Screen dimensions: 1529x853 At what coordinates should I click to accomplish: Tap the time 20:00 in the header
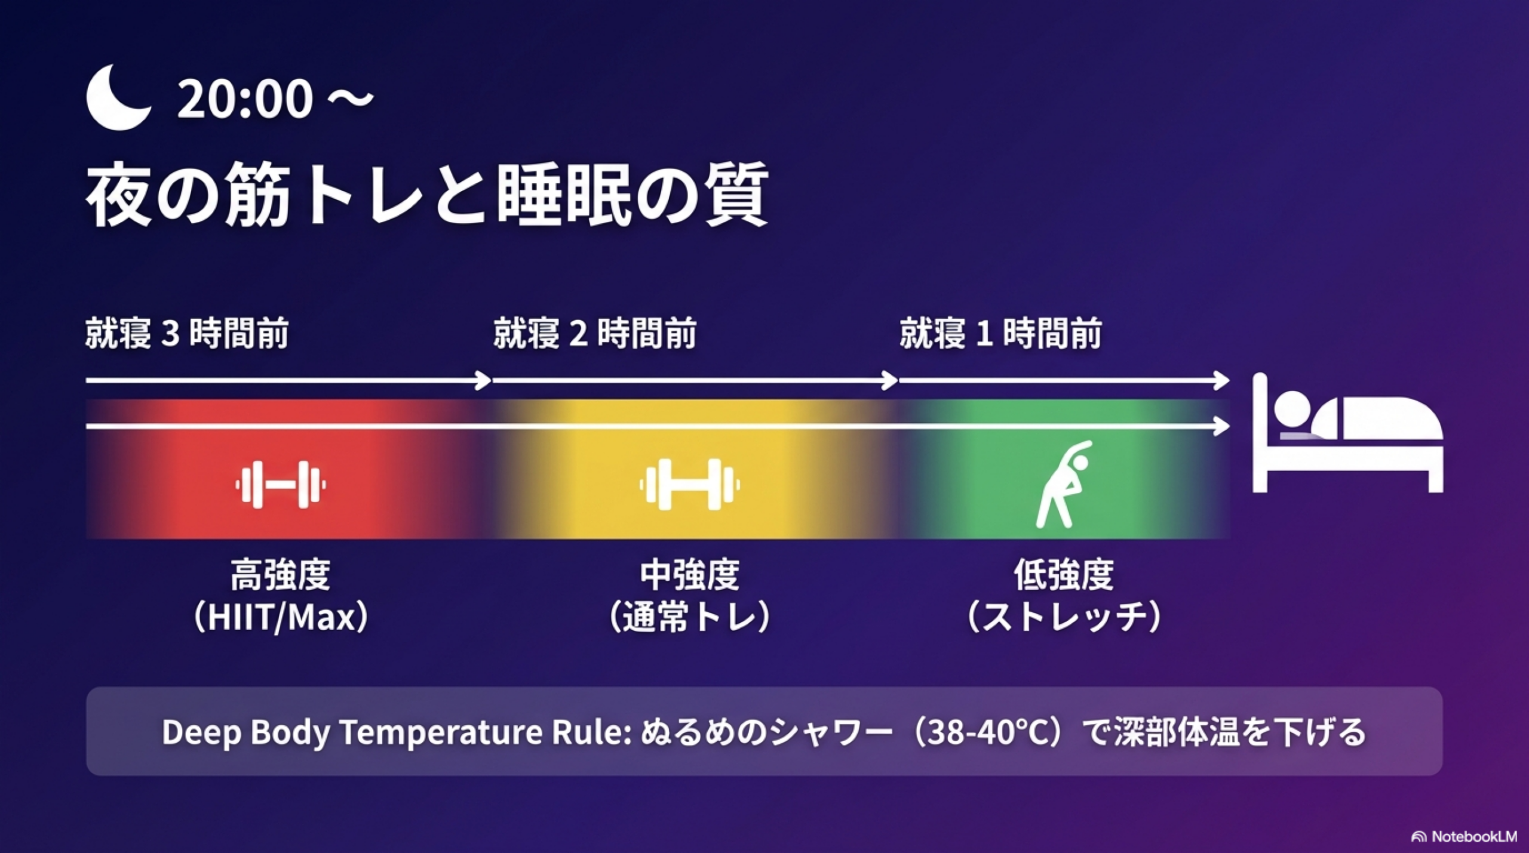[x=245, y=98]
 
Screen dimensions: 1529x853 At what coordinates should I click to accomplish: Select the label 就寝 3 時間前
[x=187, y=333]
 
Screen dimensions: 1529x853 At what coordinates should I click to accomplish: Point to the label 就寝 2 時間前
[x=595, y=333]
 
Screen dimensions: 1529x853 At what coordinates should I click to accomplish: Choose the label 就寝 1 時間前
[x=1001, y=333]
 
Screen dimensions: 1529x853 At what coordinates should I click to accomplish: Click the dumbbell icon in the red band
[x=281, y=485]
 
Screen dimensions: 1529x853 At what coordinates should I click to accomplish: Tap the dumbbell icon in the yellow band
[x=690, y=485]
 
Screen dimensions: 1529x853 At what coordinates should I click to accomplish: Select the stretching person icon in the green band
[x=1064, y=484]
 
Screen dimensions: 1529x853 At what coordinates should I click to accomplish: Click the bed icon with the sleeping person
[x=1347, y=433]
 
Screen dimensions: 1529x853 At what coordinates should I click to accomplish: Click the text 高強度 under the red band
[x=281, y=574]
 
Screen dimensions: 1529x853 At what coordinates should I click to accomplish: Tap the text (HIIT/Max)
[x=281, y=617]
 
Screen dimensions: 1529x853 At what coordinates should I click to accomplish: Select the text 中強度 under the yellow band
[x=690, y=574]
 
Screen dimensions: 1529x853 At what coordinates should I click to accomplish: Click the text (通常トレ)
[x=690, y=617]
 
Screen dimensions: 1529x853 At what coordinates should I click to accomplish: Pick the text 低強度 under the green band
[x=1064, y=574]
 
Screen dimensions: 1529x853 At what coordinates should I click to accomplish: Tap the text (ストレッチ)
[x=1064, y=617]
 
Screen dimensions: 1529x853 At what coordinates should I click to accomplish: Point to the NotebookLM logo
[x=1464, y=836]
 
